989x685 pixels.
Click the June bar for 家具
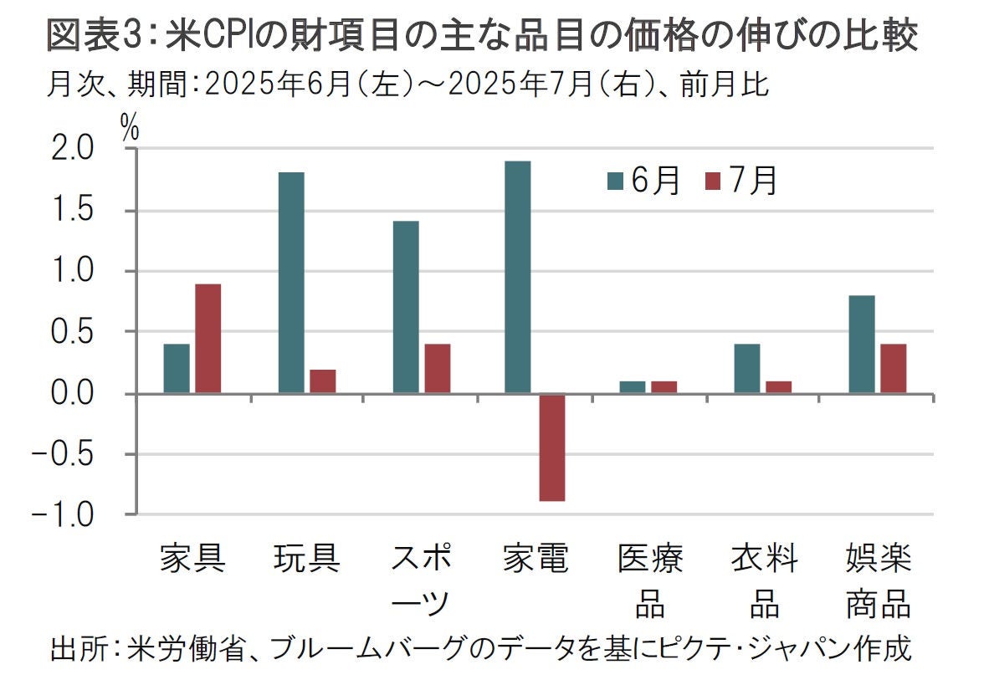(177, 369)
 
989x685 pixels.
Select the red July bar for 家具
(208, 339)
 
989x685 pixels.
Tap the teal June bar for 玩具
(291, 283)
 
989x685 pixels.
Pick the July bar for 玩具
(322, 381)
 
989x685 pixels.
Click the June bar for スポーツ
(406, 307)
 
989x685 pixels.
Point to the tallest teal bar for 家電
(518, 277)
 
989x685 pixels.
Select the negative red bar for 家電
(552, 447)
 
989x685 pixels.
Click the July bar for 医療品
(664, 387)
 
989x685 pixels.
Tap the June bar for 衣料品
(747, 369)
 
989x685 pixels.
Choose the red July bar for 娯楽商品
(893, 369)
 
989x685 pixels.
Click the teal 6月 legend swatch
(616, 181)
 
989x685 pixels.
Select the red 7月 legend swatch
(714, 181)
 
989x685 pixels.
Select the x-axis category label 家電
(535, 559)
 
